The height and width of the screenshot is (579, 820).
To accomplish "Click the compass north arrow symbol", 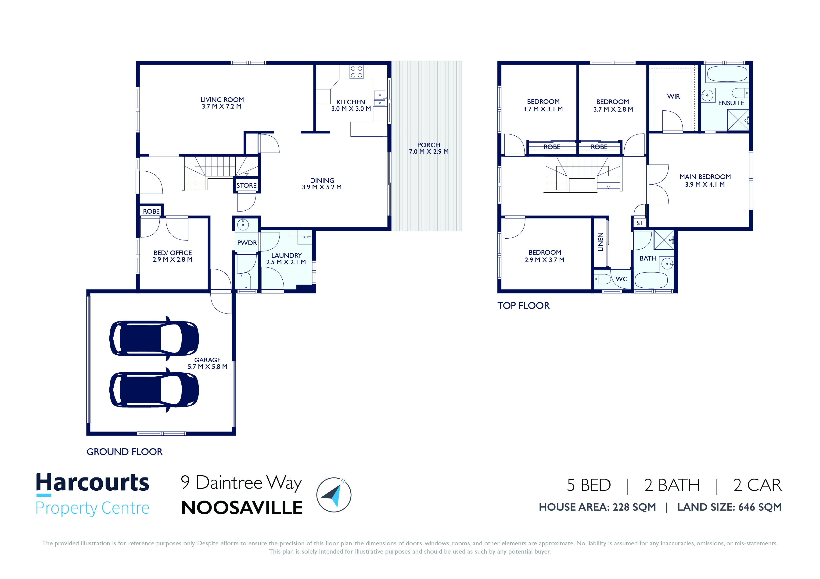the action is [x=334, y=495].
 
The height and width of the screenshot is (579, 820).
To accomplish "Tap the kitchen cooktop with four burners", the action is [x=356, y=72].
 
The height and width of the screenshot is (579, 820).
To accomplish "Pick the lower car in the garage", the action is [x=154, y=390].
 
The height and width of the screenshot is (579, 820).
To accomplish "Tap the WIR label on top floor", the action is [x=674, y=97].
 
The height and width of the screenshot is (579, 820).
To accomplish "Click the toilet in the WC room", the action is [x=602, y=279].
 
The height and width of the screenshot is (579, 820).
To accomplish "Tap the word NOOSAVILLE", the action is [x=242, y=508].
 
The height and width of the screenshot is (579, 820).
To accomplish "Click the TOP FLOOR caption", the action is [x=524, y=306].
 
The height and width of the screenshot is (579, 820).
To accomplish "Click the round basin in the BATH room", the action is [x=667, y=264].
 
